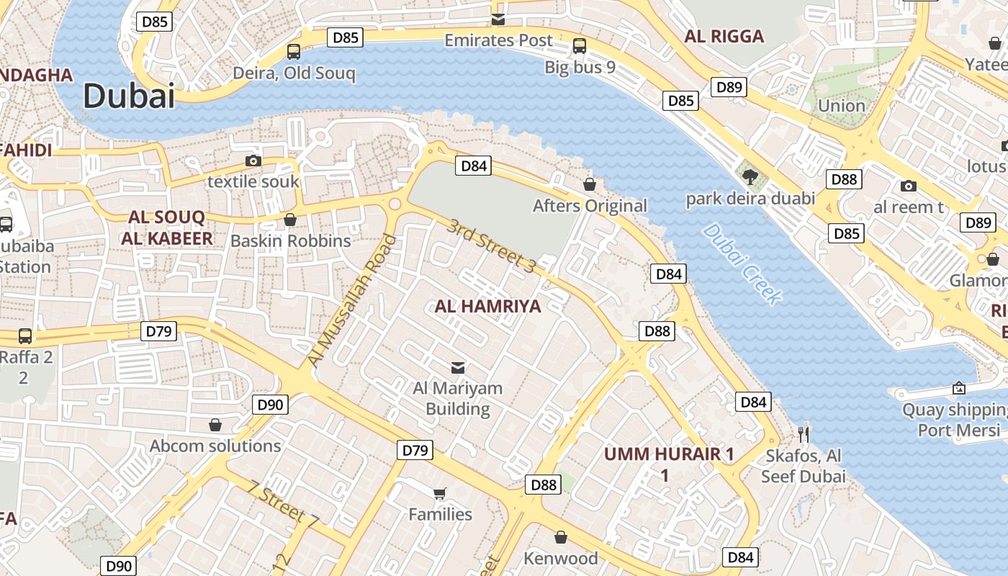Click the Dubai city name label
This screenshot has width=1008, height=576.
click(x=129, y=96)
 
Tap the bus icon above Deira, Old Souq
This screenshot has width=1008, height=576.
click(x=294, y=51)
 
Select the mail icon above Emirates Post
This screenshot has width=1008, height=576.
click(x=498, y=19)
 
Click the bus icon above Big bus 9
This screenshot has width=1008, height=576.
click(x=580, y=46)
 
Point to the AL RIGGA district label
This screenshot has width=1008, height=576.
click(x=724, y=37)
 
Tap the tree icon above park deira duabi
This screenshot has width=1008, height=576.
click(x=750, y=177)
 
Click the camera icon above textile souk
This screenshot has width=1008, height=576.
click(x=253, y=161)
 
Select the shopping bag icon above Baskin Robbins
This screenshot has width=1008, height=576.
click(x=290, y=219)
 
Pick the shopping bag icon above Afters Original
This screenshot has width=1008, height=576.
click(x=590, y=184)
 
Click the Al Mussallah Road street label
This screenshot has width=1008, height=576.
click(x=352, y=300)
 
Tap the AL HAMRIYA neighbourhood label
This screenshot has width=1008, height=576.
click(x=487, y=306)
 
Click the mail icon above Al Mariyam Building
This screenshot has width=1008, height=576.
click(x=457, y=367)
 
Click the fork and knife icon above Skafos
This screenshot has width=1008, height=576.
click(x=804, y=434)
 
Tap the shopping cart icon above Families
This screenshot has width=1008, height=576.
click(x=440, y=493)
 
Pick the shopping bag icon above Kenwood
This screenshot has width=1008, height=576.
click(x=561, y=537)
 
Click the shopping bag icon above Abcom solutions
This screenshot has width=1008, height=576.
click(x=215, y=425)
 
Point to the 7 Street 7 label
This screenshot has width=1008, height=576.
click(x=283, y=502)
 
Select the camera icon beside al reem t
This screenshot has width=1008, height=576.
click(x=909, y=186)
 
